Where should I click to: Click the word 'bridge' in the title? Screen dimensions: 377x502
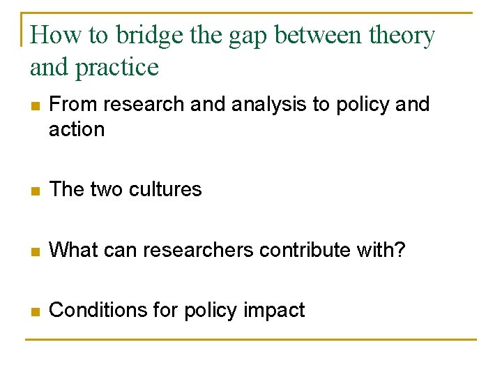(144, 35)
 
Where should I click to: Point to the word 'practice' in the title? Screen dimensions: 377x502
(118, 68)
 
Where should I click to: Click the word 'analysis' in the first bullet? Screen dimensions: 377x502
(268, 105)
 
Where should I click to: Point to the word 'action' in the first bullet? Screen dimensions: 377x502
(77, 130)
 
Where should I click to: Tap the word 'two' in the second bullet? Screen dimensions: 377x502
(105, 189)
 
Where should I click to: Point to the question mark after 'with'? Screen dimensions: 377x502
(400, 249)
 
